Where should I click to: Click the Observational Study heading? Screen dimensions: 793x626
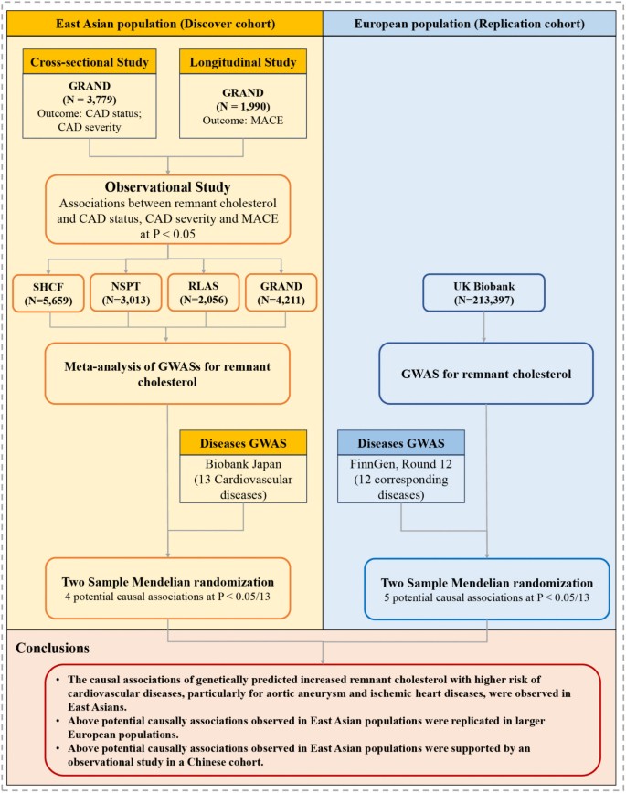click(165, 187)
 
